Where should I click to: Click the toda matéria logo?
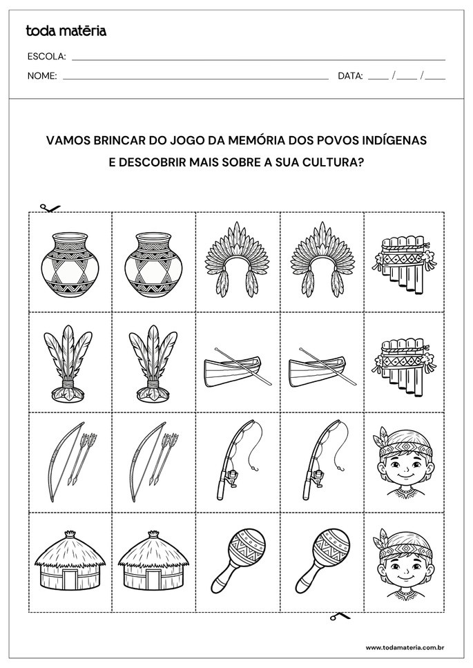(x=66, y=30)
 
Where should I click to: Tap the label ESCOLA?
(x=47, y=57)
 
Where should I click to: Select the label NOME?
(x=42, y=76)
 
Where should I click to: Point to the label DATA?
(x=350, y=76)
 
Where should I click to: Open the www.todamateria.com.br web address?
(x=404, y=647)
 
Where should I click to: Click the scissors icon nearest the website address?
(x=339, y=615)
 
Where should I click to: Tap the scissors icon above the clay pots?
(x=50, y=207)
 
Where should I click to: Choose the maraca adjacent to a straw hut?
(x=238, y=560)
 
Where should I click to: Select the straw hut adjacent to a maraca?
(x=153, y=560)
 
